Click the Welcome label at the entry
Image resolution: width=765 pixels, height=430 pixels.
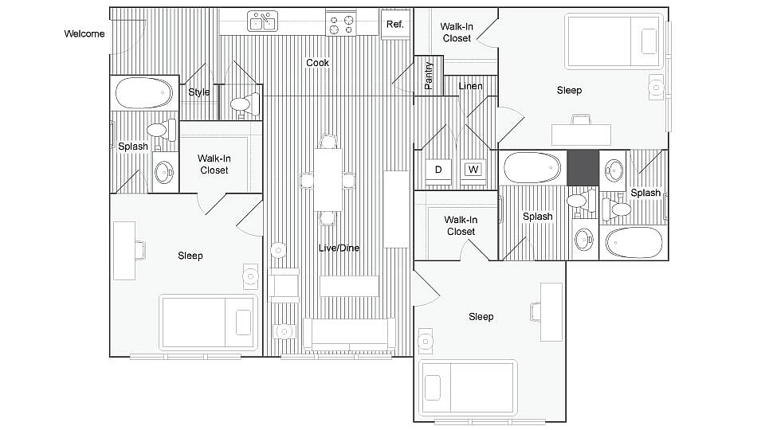click(84, 33)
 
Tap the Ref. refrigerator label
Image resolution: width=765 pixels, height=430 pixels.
click(395, 24)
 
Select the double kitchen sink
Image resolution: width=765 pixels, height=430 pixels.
click(262, 22)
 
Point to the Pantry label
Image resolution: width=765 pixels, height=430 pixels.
click(429, 75)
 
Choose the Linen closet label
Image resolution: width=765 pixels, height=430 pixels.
click(470, 86)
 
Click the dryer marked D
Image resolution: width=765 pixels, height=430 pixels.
click(438, 170)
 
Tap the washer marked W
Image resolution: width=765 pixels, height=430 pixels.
click(473, 170)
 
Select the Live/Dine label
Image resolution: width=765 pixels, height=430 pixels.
click(340, 248)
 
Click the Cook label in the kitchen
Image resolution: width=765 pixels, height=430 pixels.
click(318, 63)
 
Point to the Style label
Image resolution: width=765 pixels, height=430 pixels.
click(199, 92)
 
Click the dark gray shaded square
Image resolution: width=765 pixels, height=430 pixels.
click(583, 166)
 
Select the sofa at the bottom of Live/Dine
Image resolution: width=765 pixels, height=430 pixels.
click(349, 334)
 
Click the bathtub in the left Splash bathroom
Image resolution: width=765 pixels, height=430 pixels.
click(144, 94)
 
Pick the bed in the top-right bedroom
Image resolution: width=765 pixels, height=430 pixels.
click(613, 41)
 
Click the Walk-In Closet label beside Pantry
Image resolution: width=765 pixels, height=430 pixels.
click(457, 32)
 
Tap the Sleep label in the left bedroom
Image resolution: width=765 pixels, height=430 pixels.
click(190, 256)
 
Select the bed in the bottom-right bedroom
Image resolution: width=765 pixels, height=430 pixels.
click(468, 387)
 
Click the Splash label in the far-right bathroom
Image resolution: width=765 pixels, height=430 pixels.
click(645, 193)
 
